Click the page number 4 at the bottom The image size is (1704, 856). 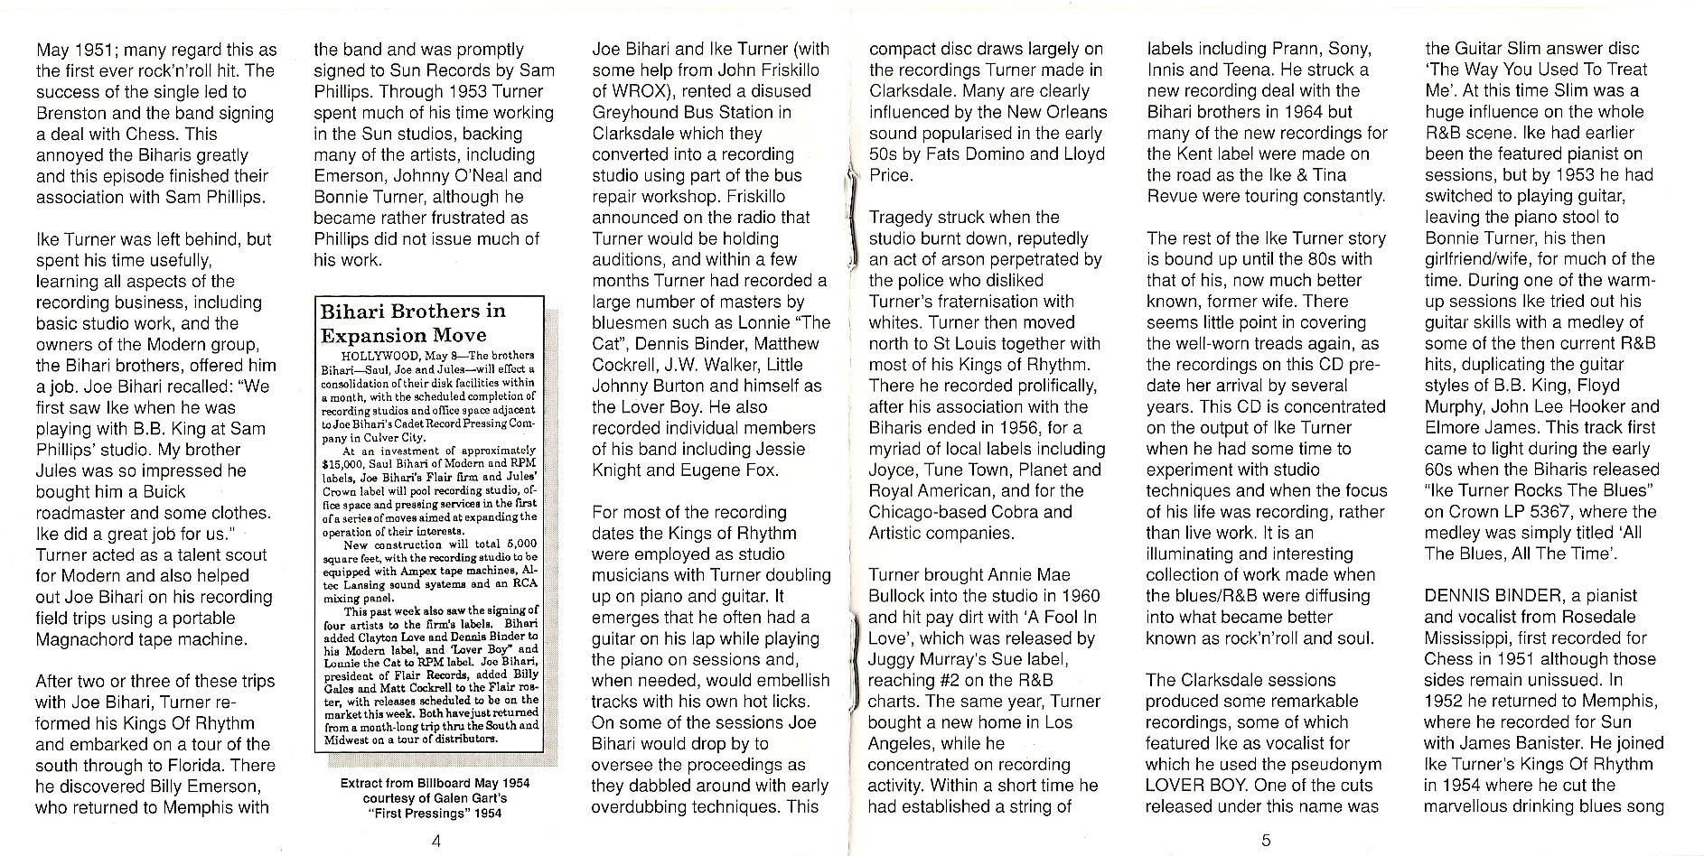tap(436, 841)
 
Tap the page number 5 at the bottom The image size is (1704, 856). tap(1266, 841)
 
